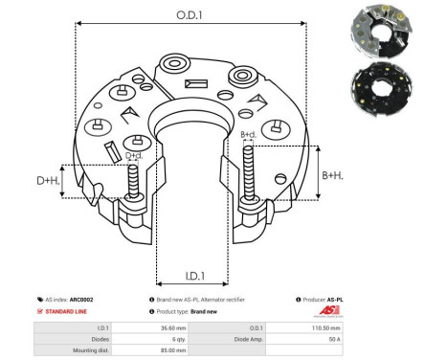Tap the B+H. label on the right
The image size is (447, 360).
click(332, 174)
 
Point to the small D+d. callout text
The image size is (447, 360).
click(134, 155)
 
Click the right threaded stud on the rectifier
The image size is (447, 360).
click(250, 172)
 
